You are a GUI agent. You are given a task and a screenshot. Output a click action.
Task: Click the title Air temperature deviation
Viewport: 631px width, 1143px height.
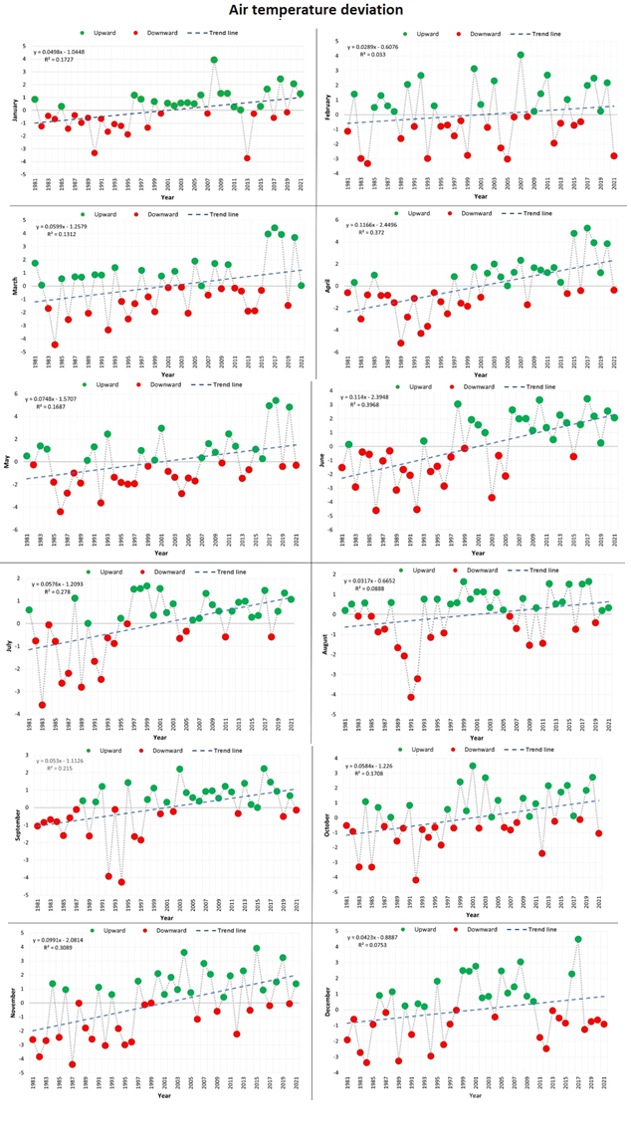point(315,10)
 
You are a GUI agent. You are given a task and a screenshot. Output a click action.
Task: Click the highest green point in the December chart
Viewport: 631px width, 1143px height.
point(578,939)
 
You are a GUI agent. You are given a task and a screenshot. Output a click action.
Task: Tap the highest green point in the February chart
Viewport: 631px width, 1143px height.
point(521,56)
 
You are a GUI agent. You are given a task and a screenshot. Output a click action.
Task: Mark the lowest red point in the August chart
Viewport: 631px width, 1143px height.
point(411,697)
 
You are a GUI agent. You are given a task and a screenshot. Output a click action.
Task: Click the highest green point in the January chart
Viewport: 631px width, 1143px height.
point(214,60)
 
